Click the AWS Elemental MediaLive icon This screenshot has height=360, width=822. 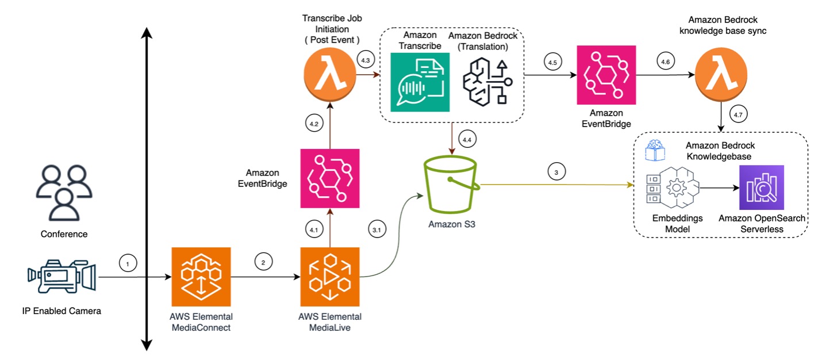tap(330, 277)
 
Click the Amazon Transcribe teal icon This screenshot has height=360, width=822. tap(420, 82)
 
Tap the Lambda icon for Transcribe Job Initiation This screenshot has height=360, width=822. tap(329, 75)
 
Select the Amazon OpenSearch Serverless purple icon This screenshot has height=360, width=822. tap(762, 187)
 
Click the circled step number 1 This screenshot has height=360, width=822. tap(128, 263)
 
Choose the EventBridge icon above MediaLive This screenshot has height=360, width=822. tap(330, 178)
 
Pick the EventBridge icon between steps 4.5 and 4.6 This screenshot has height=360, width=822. tap(606, 75)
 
